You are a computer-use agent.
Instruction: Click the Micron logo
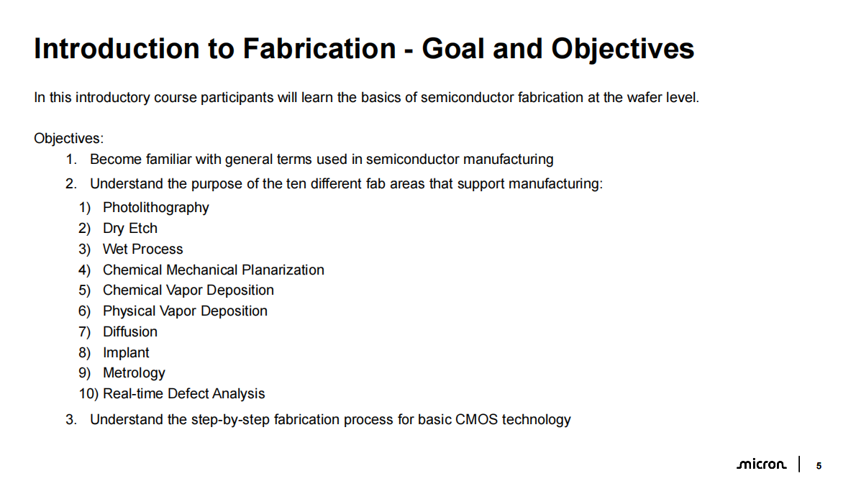point(762,464)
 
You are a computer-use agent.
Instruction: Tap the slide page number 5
point(819,466)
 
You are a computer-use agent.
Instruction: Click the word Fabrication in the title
point(319,49)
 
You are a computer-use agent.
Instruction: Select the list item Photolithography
point(155,208)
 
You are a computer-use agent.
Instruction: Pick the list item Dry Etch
point(130,229)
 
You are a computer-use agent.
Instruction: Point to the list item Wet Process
point(143,249)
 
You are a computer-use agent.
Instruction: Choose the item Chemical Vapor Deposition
point(188,290)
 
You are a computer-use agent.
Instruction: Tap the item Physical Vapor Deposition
point(185,311)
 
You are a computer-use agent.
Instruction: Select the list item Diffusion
point(130,331)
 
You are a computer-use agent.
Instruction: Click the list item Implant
point(126,353)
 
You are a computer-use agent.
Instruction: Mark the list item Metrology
point(134,373)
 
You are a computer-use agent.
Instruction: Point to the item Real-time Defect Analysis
point(184,394)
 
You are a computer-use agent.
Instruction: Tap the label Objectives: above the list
point(69,139)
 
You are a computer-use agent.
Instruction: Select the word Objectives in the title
point(622,49)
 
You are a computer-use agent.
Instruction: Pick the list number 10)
point(88,394)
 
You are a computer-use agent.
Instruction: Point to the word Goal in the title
point(454,49)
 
